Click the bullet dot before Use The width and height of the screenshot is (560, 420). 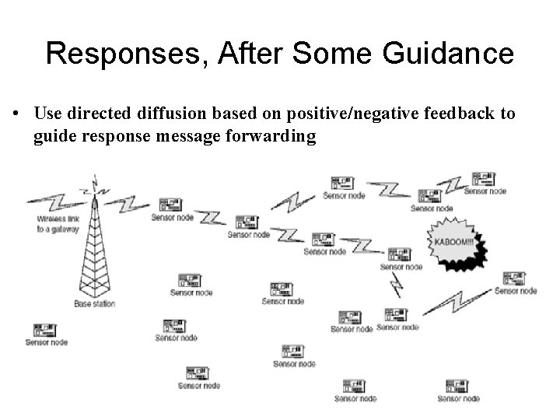click(x=16, y=114)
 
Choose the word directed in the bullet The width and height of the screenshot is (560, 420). click(x=97, y=114)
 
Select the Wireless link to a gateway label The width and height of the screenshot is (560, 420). click(x=58, y=225)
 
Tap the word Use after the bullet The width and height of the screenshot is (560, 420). click(x=47, y=114)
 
